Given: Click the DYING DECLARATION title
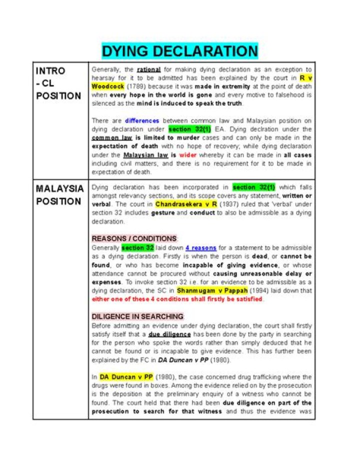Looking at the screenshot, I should pyautogui.click(x=180, y=51).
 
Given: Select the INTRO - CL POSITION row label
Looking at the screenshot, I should pyautogui.click(x=58, y=83).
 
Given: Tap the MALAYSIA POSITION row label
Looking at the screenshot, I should pyautogui.click(x=59, y=195).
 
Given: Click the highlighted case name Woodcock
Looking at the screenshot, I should pyautogui.click(x=108, y=86).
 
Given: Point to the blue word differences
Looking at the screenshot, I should pyautogui.click(x=142, y=121).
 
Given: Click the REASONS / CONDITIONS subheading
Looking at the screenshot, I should pyautogui.click(x=134, y=238).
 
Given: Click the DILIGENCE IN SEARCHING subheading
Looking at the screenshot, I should pyautogui.click(x=137, y=316).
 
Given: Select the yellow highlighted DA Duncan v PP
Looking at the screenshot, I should pyautogui.click(x=126, y=376).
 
